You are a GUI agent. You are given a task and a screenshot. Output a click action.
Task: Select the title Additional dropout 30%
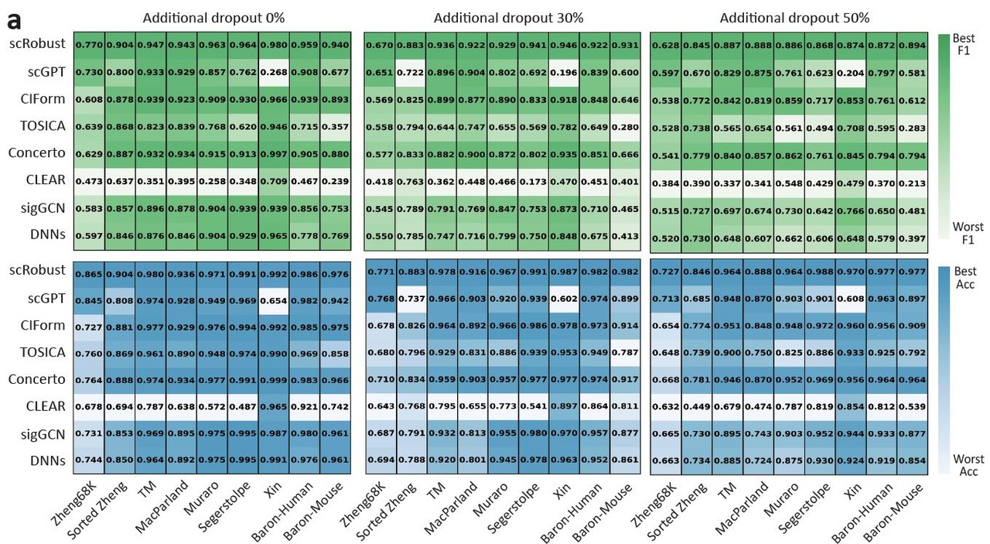[508, 17]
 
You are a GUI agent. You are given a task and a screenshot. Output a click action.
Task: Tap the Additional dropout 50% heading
[794, 17]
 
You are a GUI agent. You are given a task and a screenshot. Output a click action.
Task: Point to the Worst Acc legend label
[968, 465]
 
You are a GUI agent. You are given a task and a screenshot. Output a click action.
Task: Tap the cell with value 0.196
[562, 72]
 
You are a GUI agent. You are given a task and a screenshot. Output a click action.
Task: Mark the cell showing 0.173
[532, 181]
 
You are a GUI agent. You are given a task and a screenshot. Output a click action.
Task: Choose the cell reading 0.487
[243, 407]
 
